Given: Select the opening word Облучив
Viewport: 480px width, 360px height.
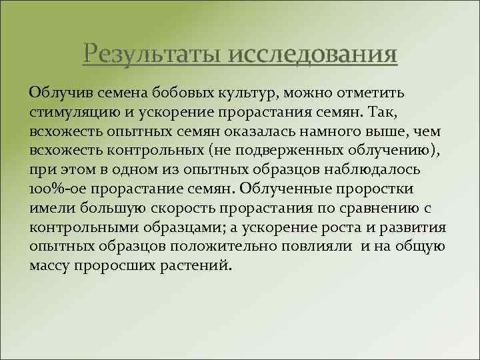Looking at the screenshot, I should click(56, 90).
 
